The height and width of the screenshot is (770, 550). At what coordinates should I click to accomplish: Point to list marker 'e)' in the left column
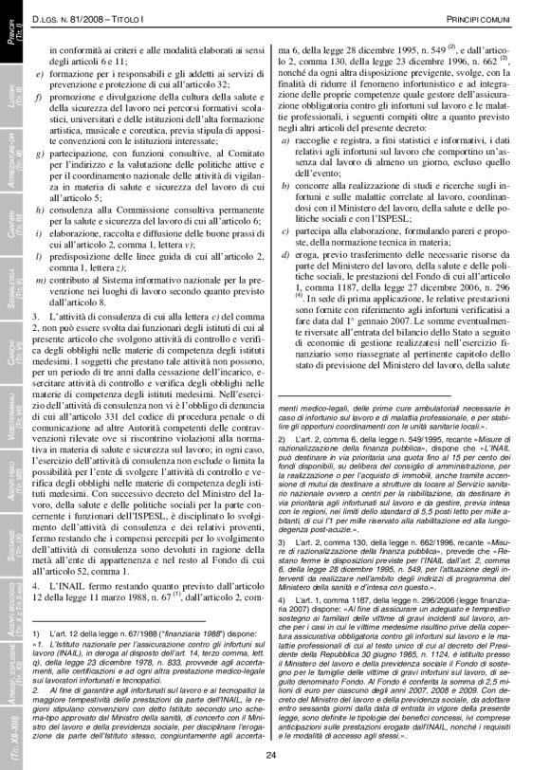pyautogui.click(x=37, y=73)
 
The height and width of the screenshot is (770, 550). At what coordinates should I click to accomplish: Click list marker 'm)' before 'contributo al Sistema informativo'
pyautogui.click(x=39, y=282)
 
